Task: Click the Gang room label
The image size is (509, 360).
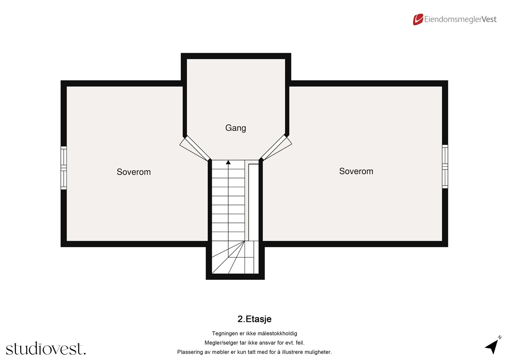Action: pyautogui.click(x=235, y=128)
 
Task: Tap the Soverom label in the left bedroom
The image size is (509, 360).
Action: pyautogui.click(x=134, y=172)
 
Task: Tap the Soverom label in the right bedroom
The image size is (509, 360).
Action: pyautogui.click(x=356, y=171)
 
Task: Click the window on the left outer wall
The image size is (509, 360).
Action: pyautogui.click(x=64, y=168)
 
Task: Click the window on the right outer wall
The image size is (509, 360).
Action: pyautogui.click(x=445, y=166)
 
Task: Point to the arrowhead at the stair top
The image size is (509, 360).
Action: pyautogui.click(x=228, y=162)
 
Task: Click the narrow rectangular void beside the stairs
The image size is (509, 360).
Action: pyautogui.click(x=253, y=202)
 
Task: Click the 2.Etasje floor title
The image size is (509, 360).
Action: pyautogui.click(x=254, y=319)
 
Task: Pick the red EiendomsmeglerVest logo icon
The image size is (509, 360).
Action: pyautogui.click(x=418, y=19)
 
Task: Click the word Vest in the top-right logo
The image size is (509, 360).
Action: pyautogui.click(x=489, y=19)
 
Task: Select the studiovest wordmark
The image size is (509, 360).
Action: pyautogui.click(x=46, y=349)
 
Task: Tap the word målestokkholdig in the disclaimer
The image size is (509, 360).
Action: pyautogui.click(x=277, y=334)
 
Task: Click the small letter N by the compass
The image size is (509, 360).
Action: pyautogui.click(x=500, y=337)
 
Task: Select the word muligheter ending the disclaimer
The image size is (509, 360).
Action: pyautogui.click(x=318, y=352)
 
